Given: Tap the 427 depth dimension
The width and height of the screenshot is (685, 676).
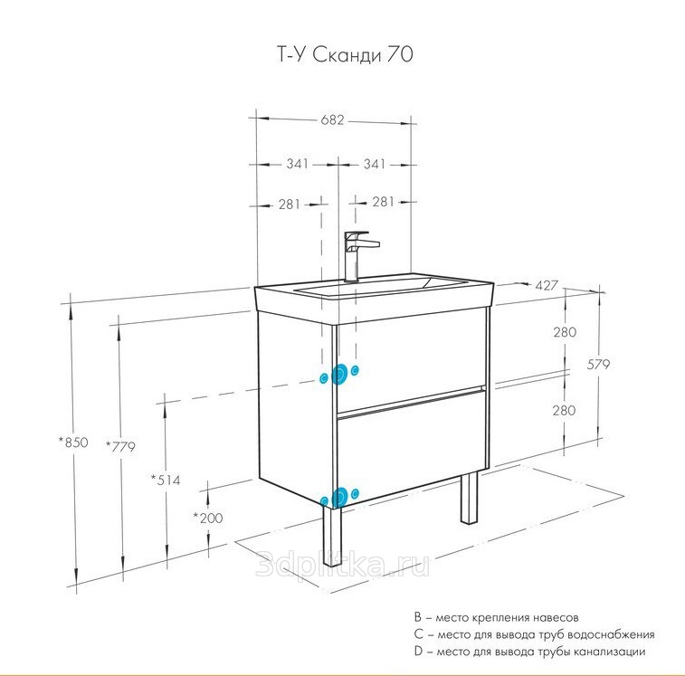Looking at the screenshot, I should tap(546, 285).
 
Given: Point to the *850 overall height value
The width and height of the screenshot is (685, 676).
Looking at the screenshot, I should tap(73, 443).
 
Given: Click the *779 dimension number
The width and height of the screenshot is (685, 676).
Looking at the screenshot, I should tap(120, 445).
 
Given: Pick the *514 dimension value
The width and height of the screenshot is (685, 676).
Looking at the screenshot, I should tap(166, 480).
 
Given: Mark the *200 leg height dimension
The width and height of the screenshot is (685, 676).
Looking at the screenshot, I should tap(208, 518).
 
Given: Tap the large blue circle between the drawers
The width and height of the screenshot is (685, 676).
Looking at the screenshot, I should tap(341, 374).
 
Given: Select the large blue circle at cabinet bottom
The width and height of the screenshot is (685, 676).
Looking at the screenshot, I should tap(340, 496).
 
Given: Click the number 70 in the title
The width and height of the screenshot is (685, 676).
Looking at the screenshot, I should tap(400, 56).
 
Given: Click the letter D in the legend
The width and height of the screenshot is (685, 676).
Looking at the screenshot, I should tap(417, 652).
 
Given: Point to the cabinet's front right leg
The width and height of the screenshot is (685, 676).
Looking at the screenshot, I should tap(469, 497).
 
